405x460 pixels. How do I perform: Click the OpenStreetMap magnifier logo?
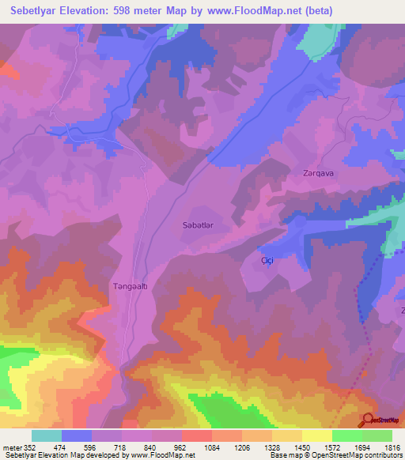pyautogui.click(x=369, y=420)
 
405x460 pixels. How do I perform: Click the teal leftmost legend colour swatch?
pyautogui.click(x=47, y=435)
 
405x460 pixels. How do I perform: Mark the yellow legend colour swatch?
pyautogui.click(x=316, y=435)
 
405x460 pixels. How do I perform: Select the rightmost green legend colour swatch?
pyautogui.click(x=377, y=435)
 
